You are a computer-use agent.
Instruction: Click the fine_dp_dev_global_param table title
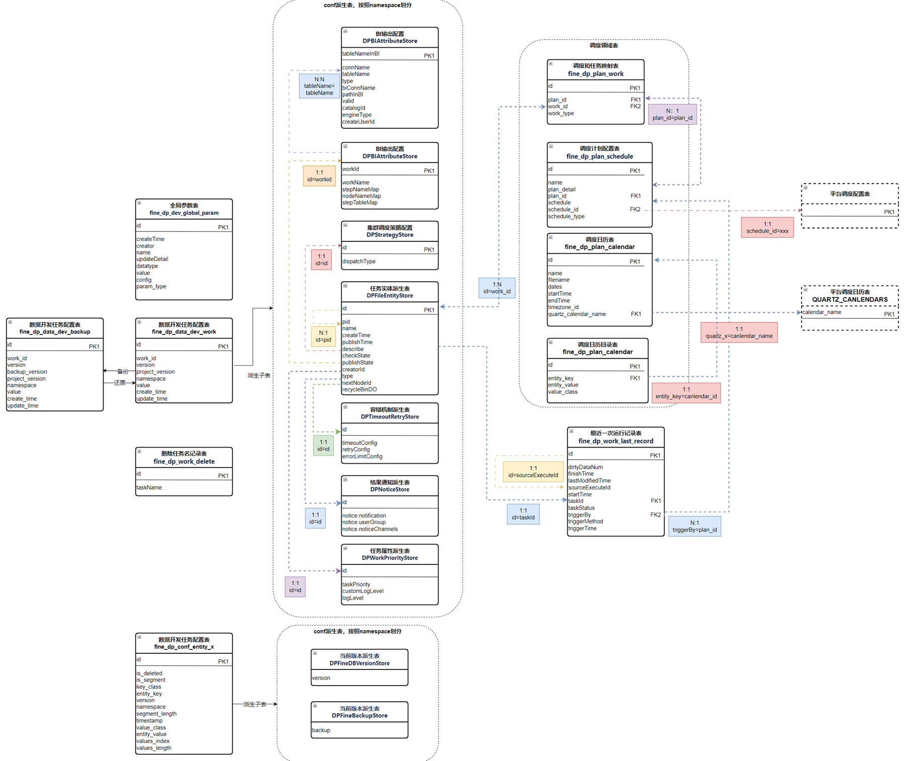click(184, 213)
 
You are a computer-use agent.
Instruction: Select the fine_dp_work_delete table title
click(184, 461)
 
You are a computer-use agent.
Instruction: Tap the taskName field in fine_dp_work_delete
click(149, 487)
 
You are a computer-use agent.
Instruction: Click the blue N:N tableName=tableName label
click(319, 86)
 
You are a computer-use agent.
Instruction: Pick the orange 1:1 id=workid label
click(319, 176)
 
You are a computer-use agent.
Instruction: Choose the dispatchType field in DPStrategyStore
click(359, 262)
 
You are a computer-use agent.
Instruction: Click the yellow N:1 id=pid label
click(323, 336)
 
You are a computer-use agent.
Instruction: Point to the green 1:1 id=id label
click(323, 446)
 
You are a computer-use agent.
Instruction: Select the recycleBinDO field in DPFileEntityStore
click(359, 389)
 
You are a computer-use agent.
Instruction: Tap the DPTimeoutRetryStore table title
click(390, 416)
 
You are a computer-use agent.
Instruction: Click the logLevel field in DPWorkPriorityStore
click(353, 598)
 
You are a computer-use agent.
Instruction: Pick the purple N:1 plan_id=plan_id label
click(672, 114)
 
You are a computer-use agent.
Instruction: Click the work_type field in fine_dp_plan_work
click(561, 113)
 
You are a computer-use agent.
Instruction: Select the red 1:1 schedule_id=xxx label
click(767, 227)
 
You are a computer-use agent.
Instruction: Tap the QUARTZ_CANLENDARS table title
click(850, 299)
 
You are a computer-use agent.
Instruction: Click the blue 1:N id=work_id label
click(497, 288)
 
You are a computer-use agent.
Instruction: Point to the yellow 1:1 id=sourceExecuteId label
click(533, 472)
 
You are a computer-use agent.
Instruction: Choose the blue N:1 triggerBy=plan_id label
click(694, 526)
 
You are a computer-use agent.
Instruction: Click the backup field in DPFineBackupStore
click(321, 730)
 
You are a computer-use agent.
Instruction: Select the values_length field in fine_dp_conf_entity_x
click(154, 748)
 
